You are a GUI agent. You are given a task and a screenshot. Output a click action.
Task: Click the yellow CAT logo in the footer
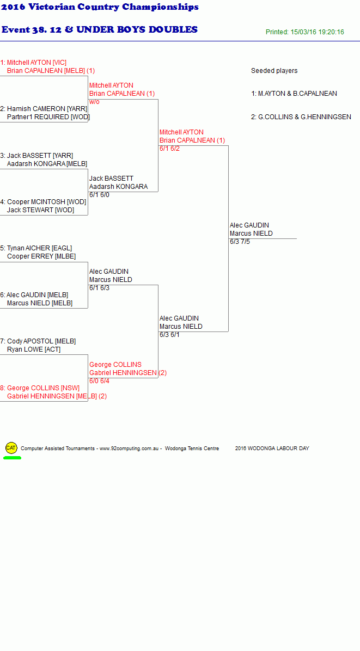coord(11,448)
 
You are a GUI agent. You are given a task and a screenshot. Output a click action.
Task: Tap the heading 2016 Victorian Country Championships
coord(100,7)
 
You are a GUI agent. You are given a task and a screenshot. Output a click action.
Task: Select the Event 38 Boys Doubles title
coord(99,29)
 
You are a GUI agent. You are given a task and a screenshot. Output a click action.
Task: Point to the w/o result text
coord(94,102)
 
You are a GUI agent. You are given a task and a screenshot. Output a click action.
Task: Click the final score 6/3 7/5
coord(240,242)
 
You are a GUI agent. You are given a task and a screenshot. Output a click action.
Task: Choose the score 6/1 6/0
coord(99,195)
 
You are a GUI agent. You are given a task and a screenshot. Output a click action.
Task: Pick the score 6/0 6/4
coord(99,381)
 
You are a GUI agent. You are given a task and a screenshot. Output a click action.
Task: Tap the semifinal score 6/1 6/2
coord(170,149)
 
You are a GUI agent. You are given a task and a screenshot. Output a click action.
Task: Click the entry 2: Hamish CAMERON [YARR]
coord(44,109)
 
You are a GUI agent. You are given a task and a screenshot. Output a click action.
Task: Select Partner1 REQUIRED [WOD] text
coord(48,117)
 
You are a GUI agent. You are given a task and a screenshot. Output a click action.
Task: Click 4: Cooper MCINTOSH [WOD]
coord(43,202)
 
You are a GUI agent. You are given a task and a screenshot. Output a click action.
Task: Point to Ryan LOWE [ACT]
coord(34,349)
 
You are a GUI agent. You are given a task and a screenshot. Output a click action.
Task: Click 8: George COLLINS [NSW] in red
coord(40,388)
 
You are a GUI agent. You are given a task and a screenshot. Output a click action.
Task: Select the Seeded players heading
coord(274,71)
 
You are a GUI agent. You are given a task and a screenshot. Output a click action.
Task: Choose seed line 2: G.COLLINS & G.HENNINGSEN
coord(301,117)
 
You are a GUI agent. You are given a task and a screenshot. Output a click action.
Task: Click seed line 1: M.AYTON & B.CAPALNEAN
coord(294,94)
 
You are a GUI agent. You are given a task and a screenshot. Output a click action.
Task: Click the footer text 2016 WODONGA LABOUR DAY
coord(272,449)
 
